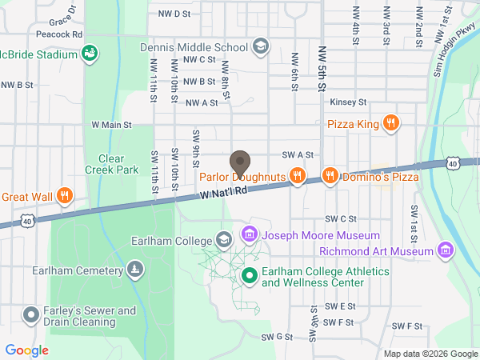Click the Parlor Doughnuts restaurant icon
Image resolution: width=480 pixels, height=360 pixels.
pos(297,175)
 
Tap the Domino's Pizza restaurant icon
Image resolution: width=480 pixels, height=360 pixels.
pos(329,175)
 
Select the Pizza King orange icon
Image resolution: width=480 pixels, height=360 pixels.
pos(390,123)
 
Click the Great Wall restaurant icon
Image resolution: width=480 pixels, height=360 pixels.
pos(66,196)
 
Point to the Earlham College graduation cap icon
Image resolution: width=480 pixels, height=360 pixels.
pos(224,240)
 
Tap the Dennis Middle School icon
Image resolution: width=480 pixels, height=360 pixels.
pos(260,47)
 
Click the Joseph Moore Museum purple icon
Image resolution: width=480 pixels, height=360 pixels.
pos(250,235)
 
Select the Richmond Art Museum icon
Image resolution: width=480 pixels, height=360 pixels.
pos(447,251)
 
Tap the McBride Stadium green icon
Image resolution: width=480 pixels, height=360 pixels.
pos(90,54)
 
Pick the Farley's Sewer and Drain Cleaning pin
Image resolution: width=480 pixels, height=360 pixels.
pos(31,315)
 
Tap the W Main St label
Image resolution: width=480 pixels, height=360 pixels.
pos(111,125)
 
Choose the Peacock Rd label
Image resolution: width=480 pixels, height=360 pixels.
pos(60,35)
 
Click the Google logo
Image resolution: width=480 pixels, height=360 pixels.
pos(26,350)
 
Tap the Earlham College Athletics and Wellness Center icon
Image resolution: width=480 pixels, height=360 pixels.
pos(249,277)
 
